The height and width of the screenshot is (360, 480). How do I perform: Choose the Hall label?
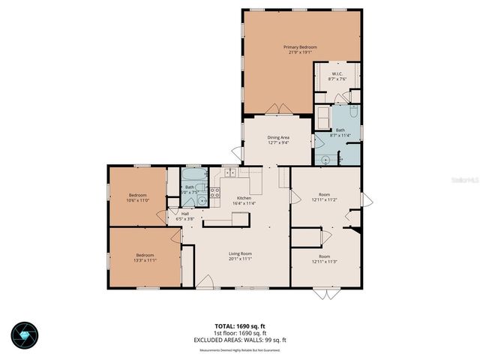(185, 213)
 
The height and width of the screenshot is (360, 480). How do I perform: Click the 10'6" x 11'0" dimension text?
(138, 199)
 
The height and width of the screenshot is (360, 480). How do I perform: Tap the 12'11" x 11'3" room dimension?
(325, 261)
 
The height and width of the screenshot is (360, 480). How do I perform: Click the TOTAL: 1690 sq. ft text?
(240, 326)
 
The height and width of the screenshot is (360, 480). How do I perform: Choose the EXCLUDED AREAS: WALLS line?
(240, 340)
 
